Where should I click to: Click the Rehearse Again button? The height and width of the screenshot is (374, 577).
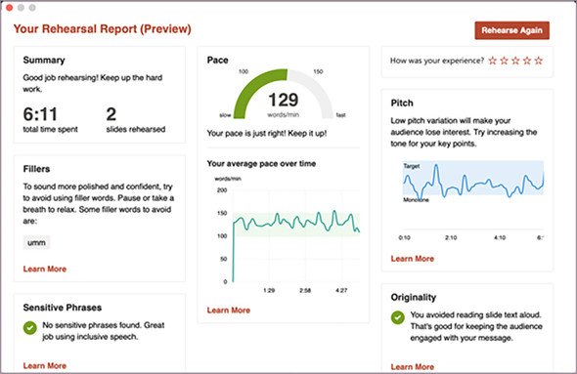[511, 30]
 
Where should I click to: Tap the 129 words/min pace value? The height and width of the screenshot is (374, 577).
[283, 100]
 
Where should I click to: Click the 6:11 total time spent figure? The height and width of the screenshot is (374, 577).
[40, 114]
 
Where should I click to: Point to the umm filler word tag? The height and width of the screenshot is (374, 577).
[36, 242]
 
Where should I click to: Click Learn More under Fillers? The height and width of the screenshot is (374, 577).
[45, 269]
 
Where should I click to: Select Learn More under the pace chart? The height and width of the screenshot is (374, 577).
[229, 311]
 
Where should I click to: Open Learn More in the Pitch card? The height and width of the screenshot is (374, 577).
[412, 259]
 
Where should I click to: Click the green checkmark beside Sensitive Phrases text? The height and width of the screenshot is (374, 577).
[29, 328]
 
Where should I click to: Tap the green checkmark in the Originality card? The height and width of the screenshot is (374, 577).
[397, 317]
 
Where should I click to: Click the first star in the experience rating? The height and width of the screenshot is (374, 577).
[492, 61]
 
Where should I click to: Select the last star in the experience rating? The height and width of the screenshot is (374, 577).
[538, 61]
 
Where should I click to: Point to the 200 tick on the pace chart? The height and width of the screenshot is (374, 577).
[222, 190]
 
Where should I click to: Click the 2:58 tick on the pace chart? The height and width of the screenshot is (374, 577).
[305, 291]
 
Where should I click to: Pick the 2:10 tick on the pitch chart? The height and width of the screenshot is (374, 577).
[451, 237]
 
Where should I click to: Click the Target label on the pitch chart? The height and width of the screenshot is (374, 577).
[412, 166]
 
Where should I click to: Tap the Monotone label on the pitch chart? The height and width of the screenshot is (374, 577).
[416, 200]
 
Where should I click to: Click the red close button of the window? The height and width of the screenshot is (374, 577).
[9, 8]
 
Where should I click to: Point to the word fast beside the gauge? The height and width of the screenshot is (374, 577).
[340, 115]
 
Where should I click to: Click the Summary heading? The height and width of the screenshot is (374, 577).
[44, 60]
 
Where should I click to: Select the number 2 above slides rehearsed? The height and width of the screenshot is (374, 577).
[111, 114]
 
